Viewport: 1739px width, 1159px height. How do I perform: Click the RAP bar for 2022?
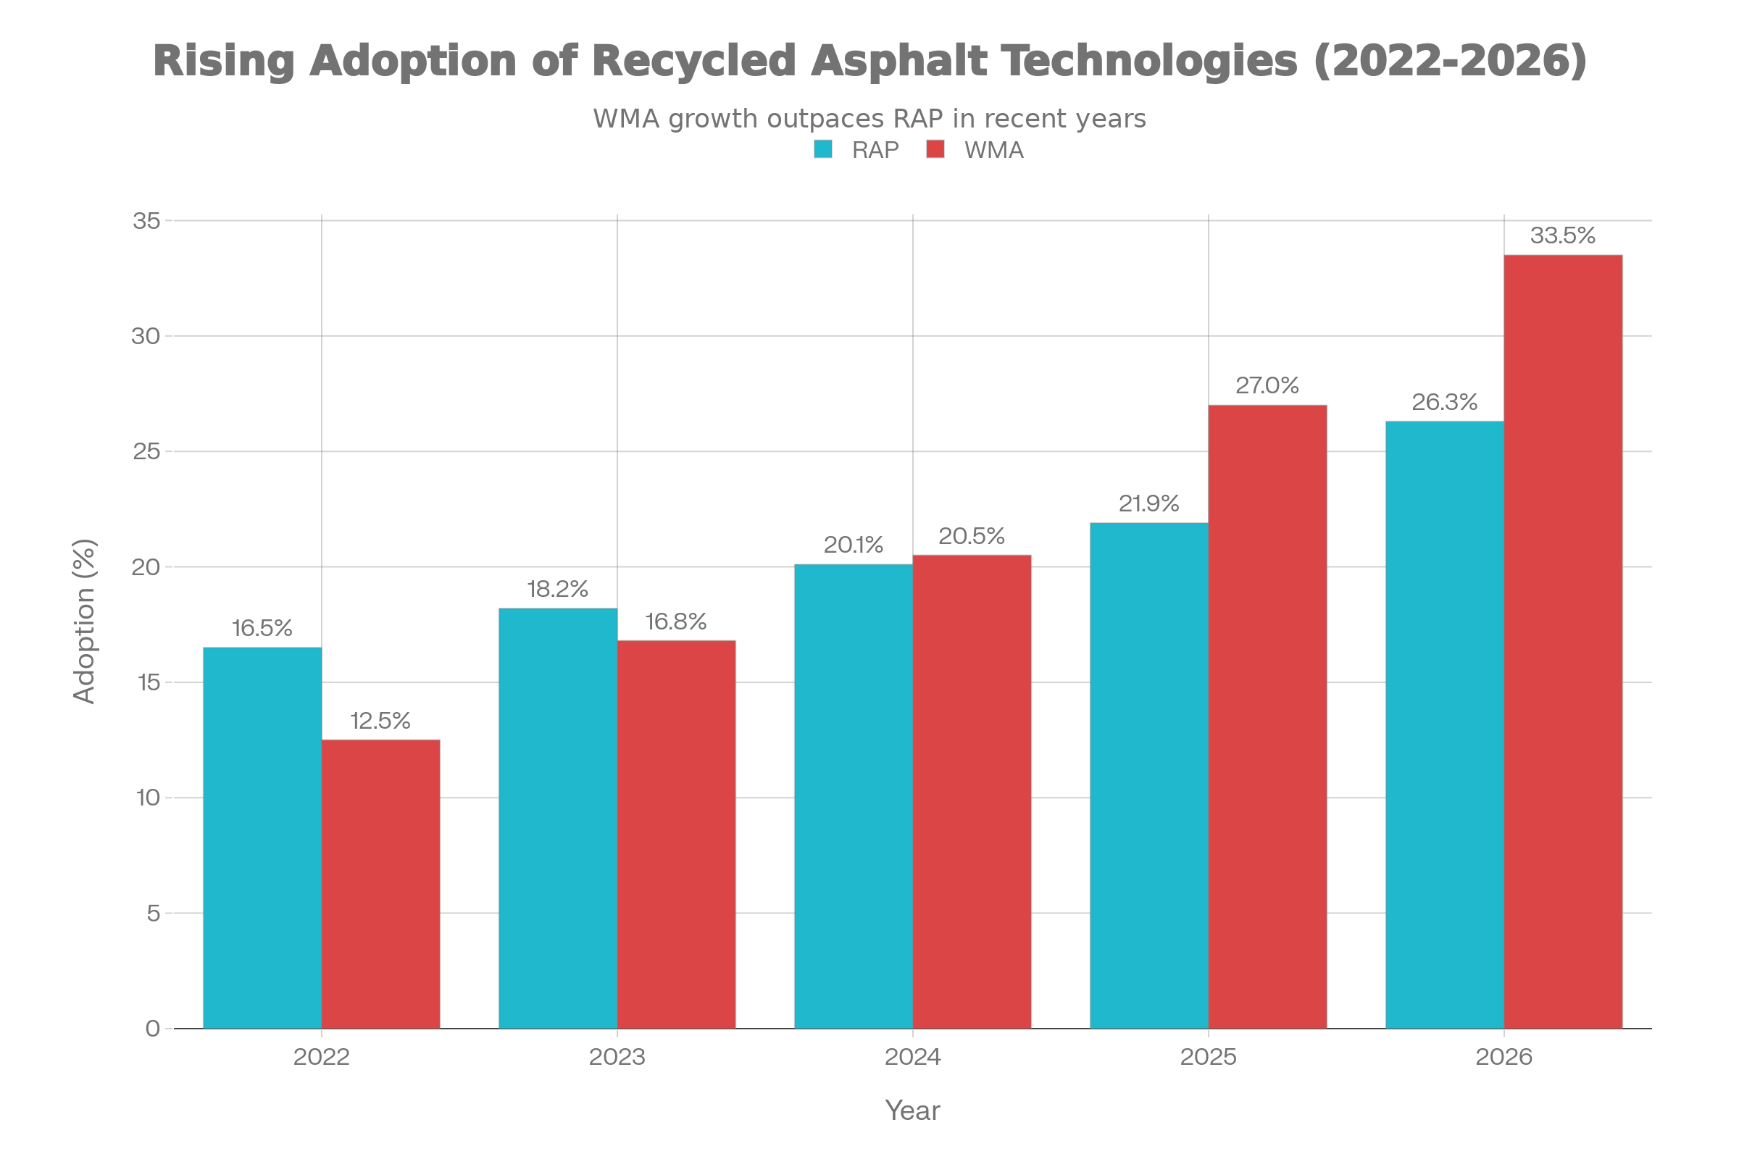coord(262,837)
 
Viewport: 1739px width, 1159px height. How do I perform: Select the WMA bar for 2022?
coord(381,883)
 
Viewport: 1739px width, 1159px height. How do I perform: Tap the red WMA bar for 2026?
coord(1563,641)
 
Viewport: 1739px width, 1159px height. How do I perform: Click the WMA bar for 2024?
coord(972,791)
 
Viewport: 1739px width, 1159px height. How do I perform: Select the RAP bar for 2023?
coord(557,818)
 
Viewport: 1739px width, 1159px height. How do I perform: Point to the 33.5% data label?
coord(1562,236)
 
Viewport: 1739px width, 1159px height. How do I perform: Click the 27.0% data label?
coord(1267,386)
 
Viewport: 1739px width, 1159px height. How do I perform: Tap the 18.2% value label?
coord(557,589)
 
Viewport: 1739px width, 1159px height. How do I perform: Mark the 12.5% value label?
coord(380,721)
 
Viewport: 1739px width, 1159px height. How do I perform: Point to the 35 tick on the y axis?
coord(146,220)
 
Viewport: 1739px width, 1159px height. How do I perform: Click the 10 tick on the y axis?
coord(148,798)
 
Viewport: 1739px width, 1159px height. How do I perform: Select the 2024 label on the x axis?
coord(912,1057)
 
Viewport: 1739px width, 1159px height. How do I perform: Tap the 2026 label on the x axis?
coord(1504,1057)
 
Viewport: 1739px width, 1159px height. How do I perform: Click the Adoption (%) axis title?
coord(84,622)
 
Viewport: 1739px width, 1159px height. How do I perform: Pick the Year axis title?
coord(912,1110)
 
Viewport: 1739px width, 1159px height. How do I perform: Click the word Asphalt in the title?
coord(898,61)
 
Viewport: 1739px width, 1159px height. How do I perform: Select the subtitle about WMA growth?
coord(869,118)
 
